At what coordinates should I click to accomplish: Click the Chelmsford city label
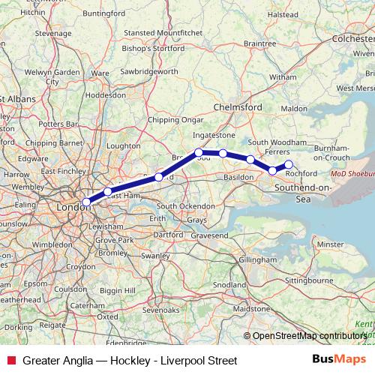(238, 107)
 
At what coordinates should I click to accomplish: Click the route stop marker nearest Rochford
(289, 164)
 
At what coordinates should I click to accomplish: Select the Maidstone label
(252, 308)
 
